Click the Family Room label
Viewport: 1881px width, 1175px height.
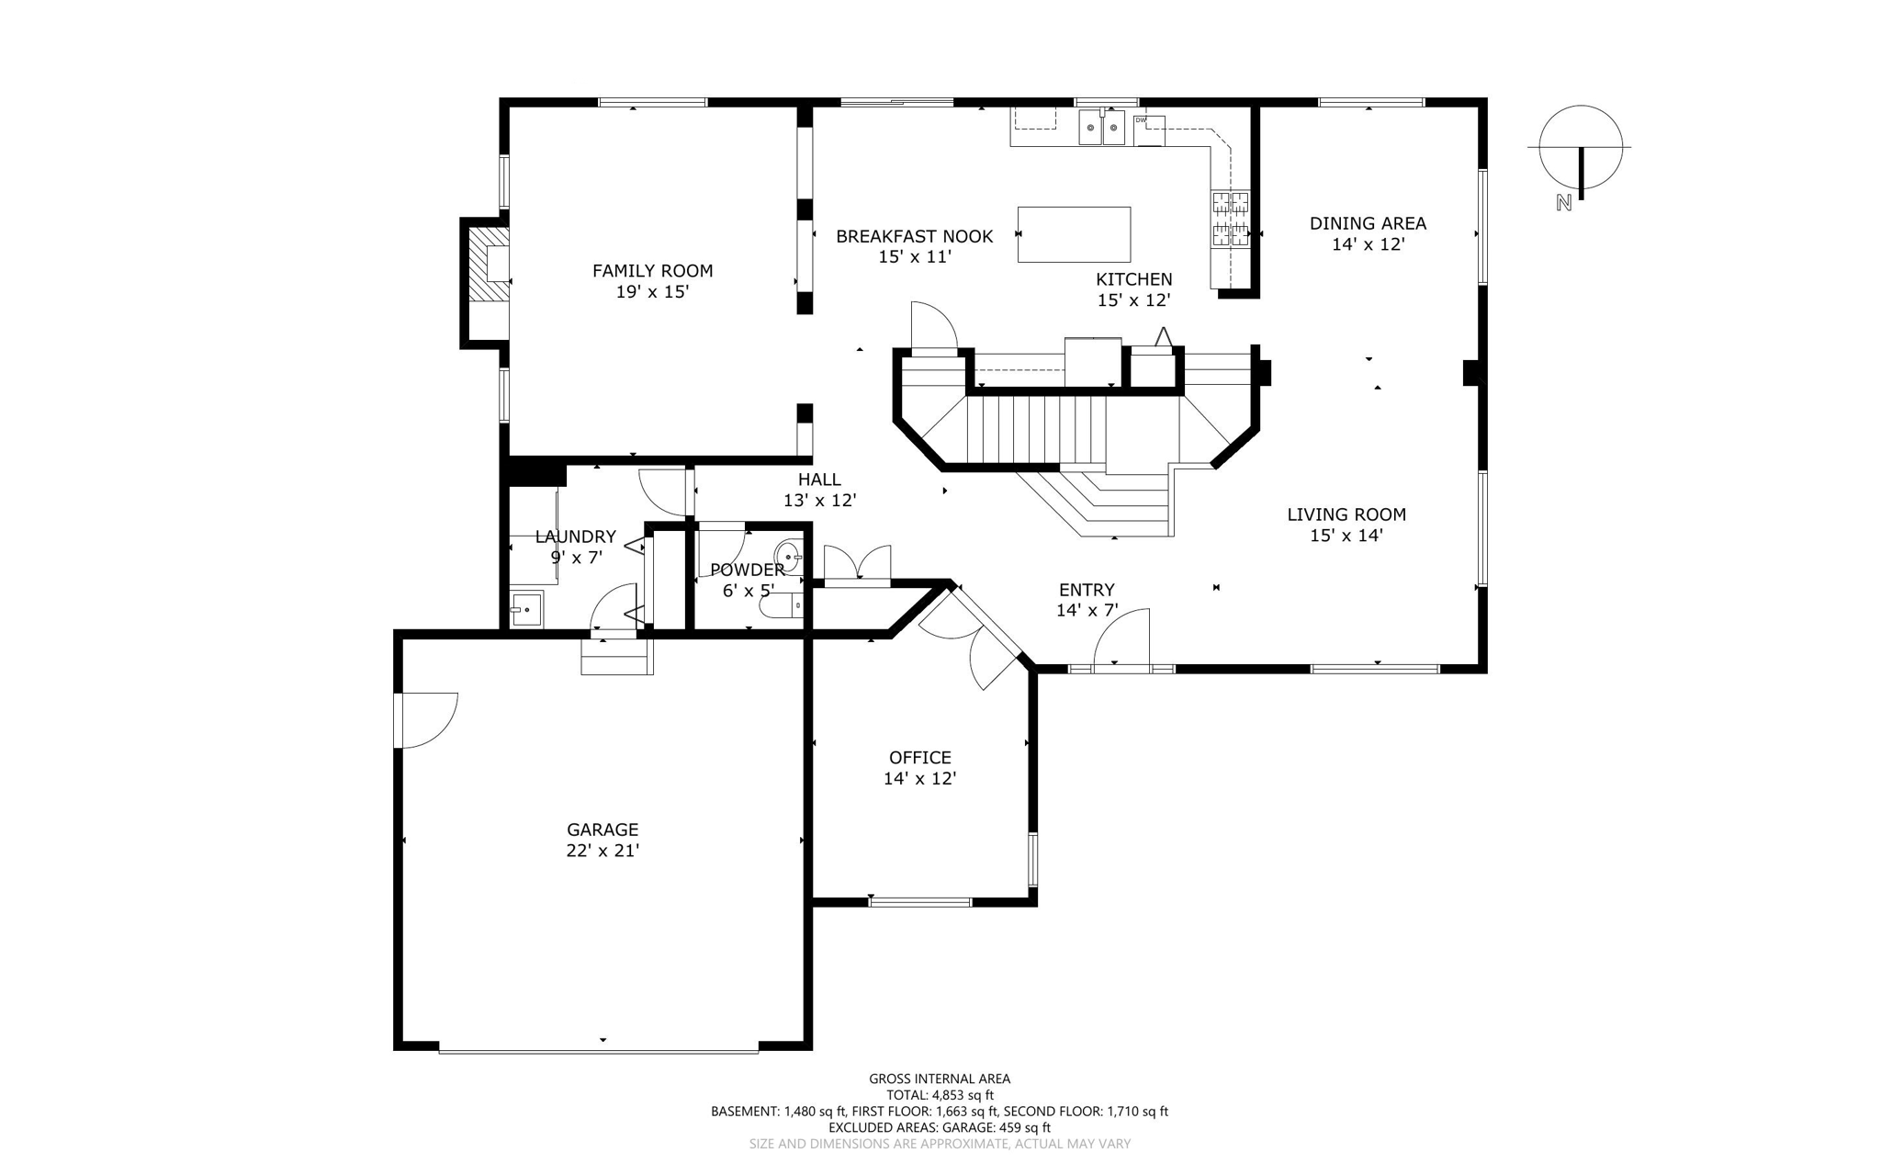click(652, 271)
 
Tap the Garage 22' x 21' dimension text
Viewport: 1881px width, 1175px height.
click(603, 851)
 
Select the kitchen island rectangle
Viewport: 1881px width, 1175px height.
click(1074, 234)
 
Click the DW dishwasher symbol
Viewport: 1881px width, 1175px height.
click(1149, 130)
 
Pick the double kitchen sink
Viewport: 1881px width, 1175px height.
click(1101, 127)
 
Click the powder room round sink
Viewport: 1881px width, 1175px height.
click(789, 557)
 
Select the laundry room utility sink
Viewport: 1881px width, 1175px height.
click(526, 609)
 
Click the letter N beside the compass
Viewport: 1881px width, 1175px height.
click(1564, 202)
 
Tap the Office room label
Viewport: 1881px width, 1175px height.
click(920, 758)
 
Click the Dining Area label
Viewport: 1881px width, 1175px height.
click(1368, 223)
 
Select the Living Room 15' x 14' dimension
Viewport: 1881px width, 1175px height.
click(1346, 536)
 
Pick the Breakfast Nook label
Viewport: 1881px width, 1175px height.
click(914, 237)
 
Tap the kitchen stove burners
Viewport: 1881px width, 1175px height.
click(1231, 219)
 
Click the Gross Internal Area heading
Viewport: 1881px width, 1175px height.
click(940, 1079)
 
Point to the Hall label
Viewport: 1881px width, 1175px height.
click(819, 480)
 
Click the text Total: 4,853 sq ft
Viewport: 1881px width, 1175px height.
click(940, 1095)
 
